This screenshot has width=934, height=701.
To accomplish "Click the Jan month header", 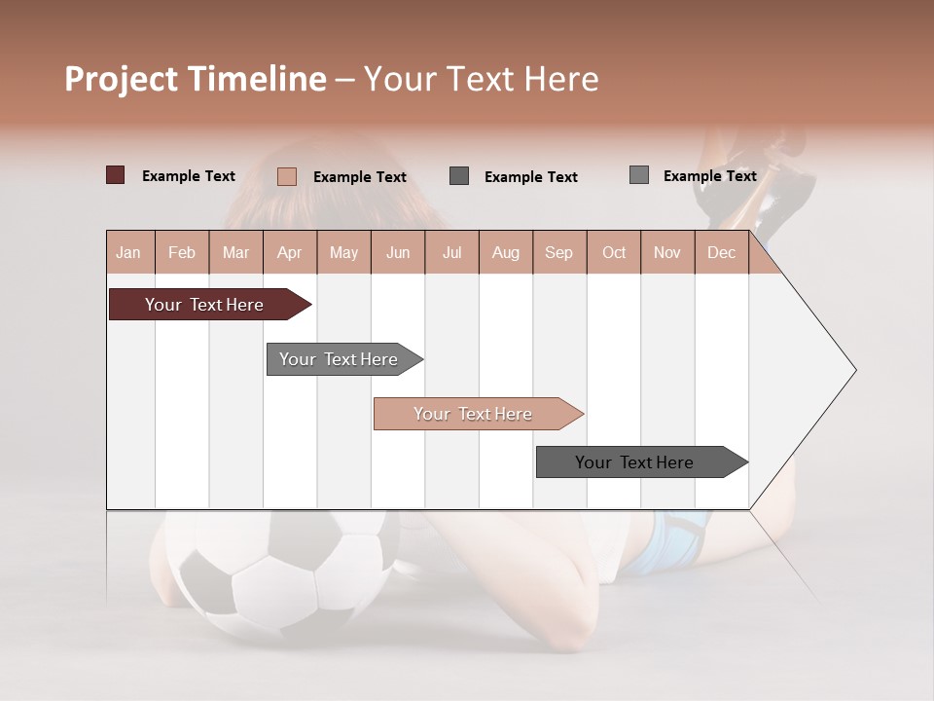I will pyautogui.click(x=128, y=253).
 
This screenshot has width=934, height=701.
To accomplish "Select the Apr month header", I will pyautogui.click(x=290, y=253).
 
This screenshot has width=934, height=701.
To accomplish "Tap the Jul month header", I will pyautogui.click(x=452, y=253).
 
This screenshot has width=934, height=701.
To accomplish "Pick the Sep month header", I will pyautogui.click(x=559, y=253).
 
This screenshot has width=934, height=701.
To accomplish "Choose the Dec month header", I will pyautogui.click(x=722, y=253).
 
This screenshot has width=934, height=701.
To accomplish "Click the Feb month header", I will pyautogui.click(x=182, y=253).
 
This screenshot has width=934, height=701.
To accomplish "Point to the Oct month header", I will pyautogui.click(x=614, y=253).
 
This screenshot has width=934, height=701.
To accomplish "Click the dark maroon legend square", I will pyautogui.click(x=116, y=175).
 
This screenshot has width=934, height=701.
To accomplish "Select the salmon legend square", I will pyautogui.click(x=287, y=176).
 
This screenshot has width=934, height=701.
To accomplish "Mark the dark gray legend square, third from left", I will pyautogui.click(x=459, y=175).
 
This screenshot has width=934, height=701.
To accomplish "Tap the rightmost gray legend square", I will pyautogui.click(x=639, y=175).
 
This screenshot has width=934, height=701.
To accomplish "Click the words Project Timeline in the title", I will pyautogui.click(x=195, y=79).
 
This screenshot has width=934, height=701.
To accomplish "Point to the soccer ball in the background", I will pyautogui.click(x=272, y=574).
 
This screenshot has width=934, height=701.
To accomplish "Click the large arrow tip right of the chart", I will pyautogui.click(x=817, y=370).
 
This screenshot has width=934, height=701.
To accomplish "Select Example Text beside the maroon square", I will pyautogui.click(x=189, y=176).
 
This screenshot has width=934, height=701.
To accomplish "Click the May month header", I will pyautogui.click(x=343, y=253).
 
